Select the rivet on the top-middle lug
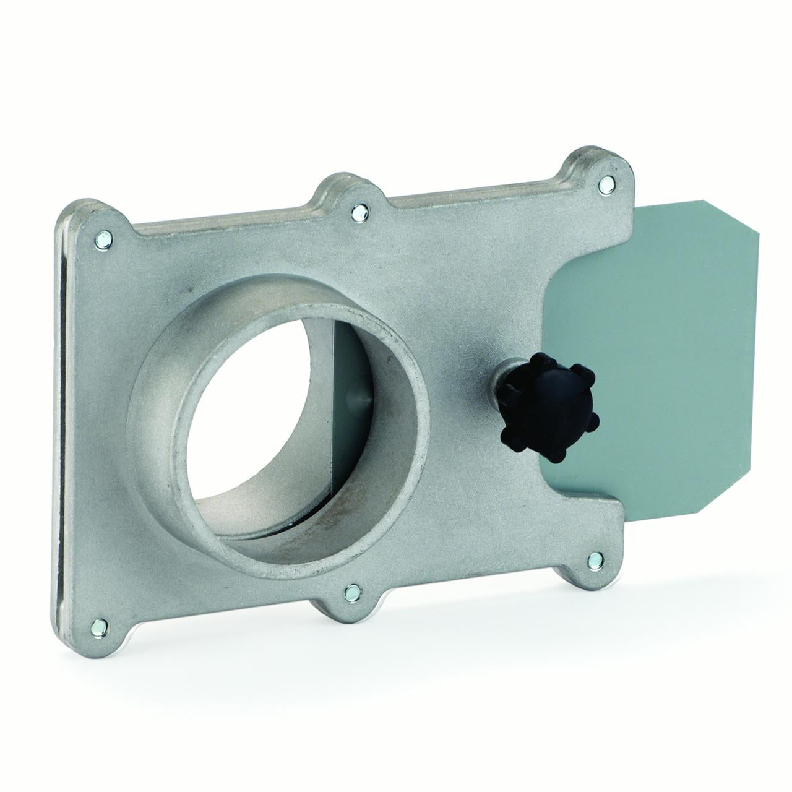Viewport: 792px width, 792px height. coord(357,212)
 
